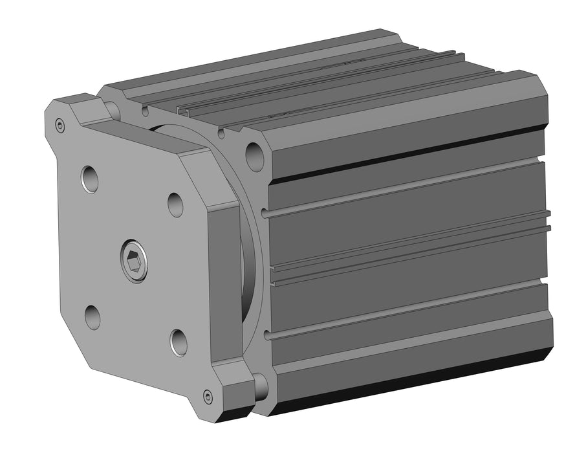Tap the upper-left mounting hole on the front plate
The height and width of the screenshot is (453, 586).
click(x=90, y=179)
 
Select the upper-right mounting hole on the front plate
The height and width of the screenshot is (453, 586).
click(x=175, y=204)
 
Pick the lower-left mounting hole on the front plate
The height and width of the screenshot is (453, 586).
click(x=92, y=317)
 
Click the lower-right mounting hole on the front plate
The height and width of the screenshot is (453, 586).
click(x=179, y=342)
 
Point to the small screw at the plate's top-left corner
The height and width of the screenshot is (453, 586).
click(x=60, y=126)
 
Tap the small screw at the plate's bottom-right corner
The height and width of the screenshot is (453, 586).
click(x=208, y=396)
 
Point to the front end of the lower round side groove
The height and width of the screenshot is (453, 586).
click(x=267, y=335)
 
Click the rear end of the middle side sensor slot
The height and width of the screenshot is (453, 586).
click(x=548, y=220)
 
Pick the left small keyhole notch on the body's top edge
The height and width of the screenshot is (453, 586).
click(x=144, y=111)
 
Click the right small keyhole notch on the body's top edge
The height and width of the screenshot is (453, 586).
click(x=221, y=134)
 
